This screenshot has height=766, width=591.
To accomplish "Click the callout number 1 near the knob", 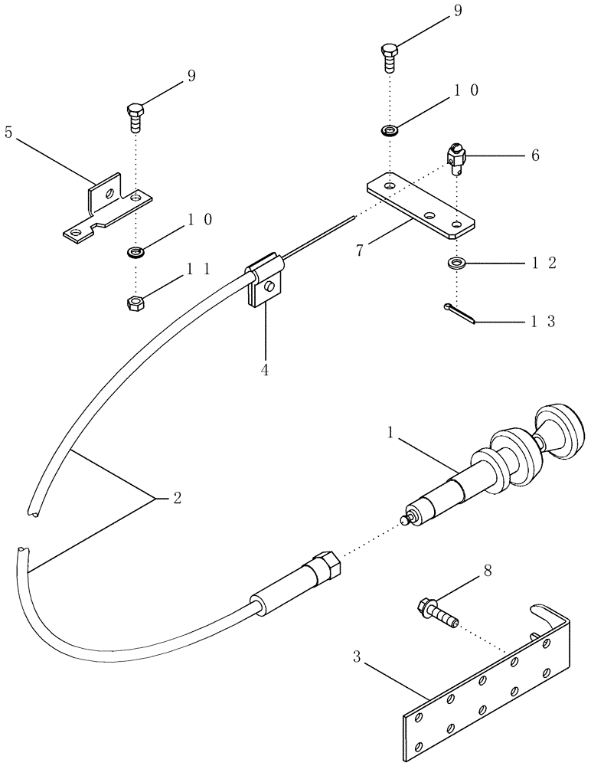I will pyautogui.click(x=391, y=433).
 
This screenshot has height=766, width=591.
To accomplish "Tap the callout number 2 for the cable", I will pyautogui.click(x=177, y=499).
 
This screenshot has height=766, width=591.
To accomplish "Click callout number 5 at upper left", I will pyautogui.click(x=8, y=132).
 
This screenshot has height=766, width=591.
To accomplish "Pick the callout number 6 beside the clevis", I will pyautogui.click(x=534, y=155).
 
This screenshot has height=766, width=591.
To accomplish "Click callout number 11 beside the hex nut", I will pyautogui.click(x=199, y=270).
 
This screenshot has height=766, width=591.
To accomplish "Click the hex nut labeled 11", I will pyautogui.click(x=133, y=303).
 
